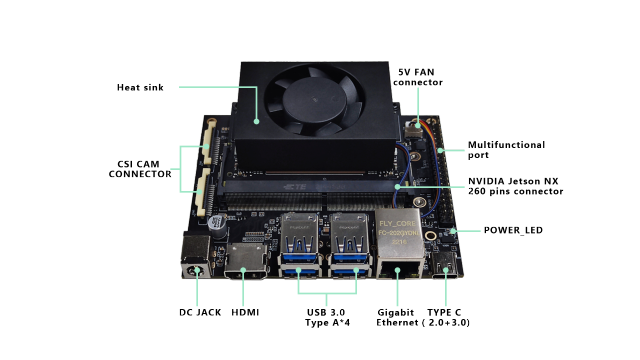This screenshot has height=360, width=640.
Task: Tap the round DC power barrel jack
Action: [194, 270]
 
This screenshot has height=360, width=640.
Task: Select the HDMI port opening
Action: [245, 270]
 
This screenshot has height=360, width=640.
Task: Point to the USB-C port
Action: [445, 267]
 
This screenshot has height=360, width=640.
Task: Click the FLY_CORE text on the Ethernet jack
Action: [397, 222]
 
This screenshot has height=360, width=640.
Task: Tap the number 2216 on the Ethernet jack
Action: [399, 242]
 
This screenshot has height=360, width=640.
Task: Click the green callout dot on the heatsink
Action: [256, 121]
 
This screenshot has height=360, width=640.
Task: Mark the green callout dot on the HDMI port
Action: [243, 271]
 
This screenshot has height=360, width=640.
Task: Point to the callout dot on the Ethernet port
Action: [397, 270]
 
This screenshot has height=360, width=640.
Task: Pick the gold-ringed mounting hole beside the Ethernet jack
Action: [430, 237]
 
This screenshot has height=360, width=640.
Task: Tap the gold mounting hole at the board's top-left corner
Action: [211, 124]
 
